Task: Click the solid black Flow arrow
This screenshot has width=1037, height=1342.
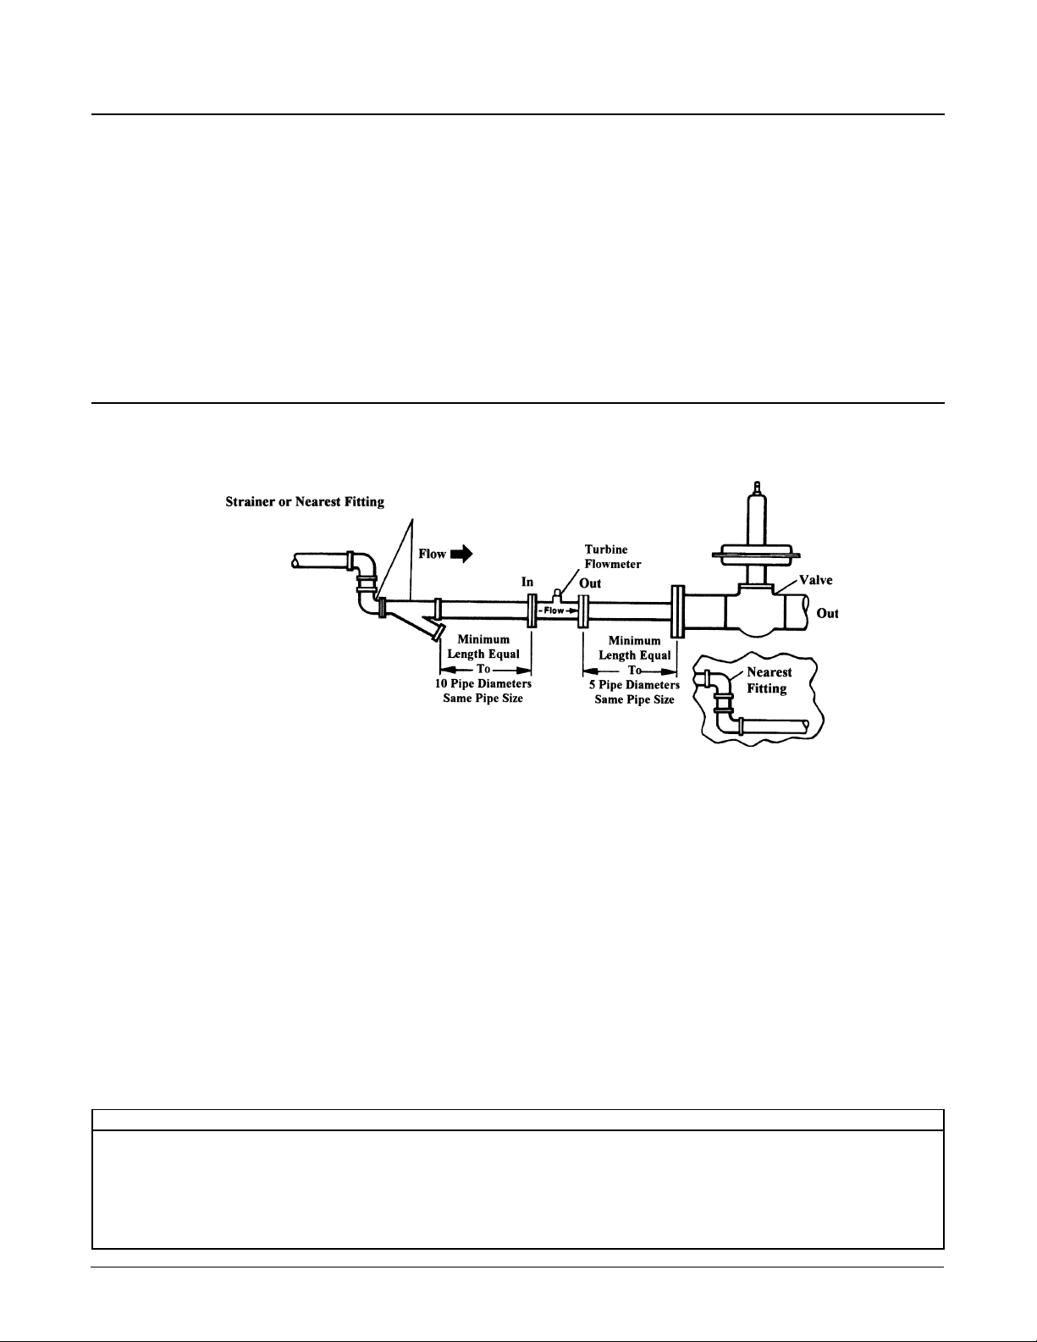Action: tap(461, 554)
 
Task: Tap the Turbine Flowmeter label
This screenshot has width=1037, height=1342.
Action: tap(613, 556)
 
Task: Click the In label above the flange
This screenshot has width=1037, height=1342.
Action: tap(527, 582)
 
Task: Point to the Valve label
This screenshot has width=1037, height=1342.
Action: tap(815, 580)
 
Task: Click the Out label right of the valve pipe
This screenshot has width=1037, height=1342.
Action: tap(827, 613)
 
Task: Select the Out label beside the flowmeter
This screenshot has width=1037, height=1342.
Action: tap(589, 583)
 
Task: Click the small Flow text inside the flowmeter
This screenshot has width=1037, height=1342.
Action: tap(554, 610)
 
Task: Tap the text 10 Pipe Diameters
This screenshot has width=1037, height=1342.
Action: tap(483, 684)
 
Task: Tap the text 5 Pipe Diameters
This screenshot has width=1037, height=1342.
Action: tap(634, 685)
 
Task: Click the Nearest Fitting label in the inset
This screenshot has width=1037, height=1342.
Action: tap(769, 680)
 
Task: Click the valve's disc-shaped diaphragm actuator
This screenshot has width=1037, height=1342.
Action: tap(753, 554)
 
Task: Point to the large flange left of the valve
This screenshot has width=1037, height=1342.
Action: tap(678, 611)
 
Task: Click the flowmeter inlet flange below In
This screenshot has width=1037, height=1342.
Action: tap(532, 610)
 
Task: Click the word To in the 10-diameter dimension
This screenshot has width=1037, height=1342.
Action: tap(483, 669)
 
